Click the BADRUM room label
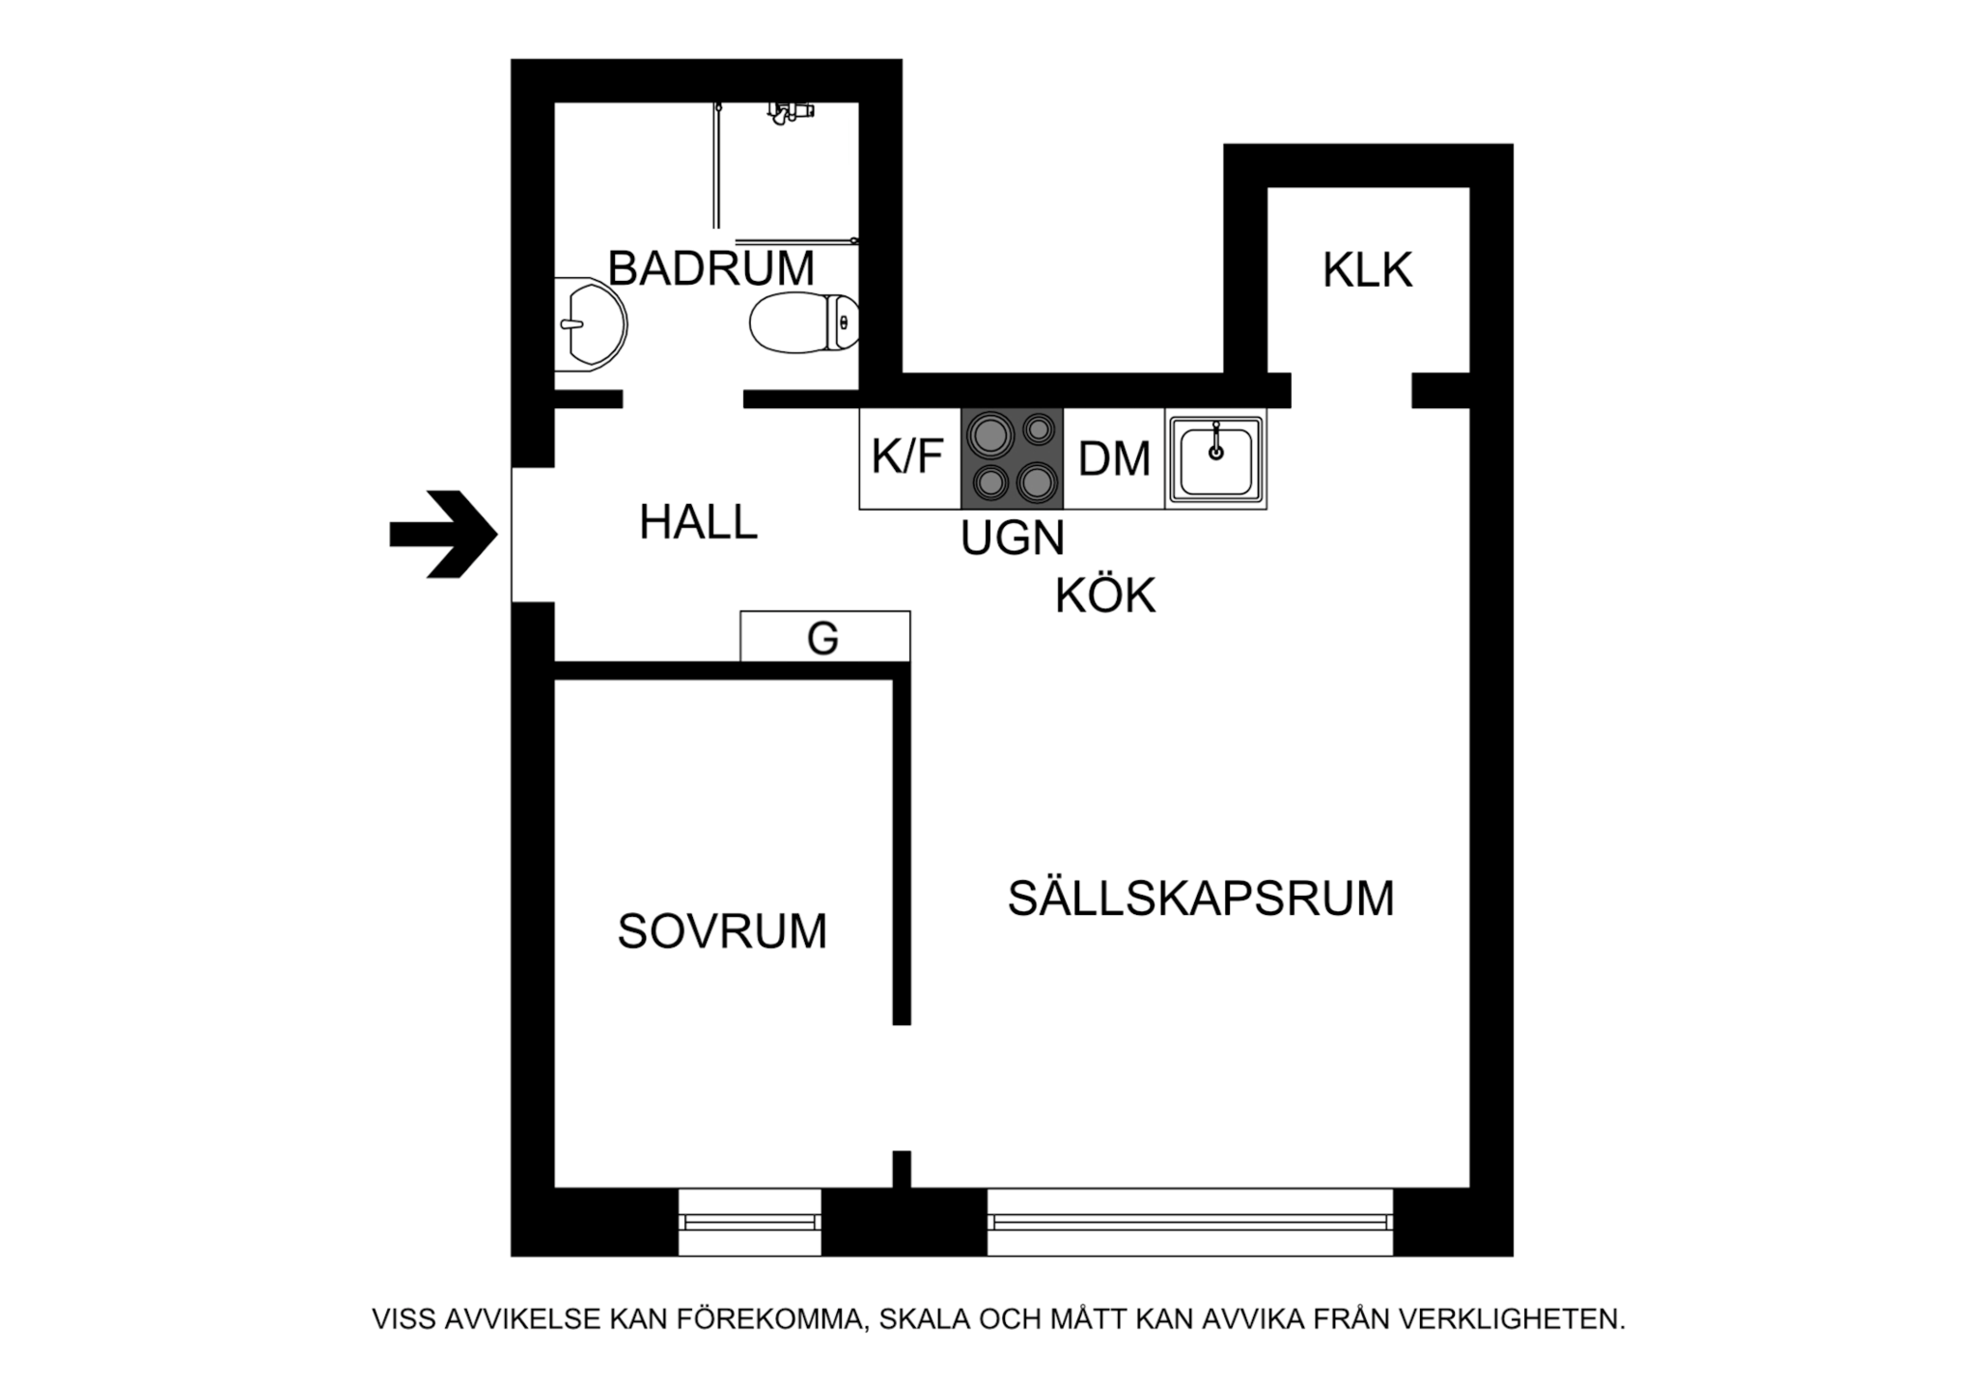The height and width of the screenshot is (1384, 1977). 710,268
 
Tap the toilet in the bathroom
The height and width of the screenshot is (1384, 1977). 801,322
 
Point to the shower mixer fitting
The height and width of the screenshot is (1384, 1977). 791,112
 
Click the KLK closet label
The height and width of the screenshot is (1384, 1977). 1367,271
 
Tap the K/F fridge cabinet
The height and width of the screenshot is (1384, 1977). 907,457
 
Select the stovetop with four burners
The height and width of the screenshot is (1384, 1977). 1012,458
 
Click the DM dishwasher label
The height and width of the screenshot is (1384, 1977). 1114,459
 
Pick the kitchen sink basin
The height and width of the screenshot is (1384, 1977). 1216,459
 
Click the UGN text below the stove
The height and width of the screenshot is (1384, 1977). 1012,538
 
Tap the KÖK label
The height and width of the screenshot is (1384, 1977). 1105,595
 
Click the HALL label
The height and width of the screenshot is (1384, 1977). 698,522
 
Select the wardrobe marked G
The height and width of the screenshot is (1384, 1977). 824,637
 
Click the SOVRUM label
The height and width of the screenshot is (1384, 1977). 722,931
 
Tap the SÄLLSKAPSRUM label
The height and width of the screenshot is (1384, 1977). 1201,899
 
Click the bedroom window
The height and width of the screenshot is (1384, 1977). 749,1222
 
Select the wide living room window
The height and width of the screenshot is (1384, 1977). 1189,1222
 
